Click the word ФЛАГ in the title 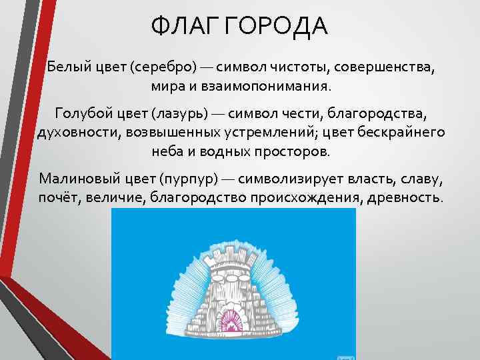(185, 27)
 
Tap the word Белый (68, 67)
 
